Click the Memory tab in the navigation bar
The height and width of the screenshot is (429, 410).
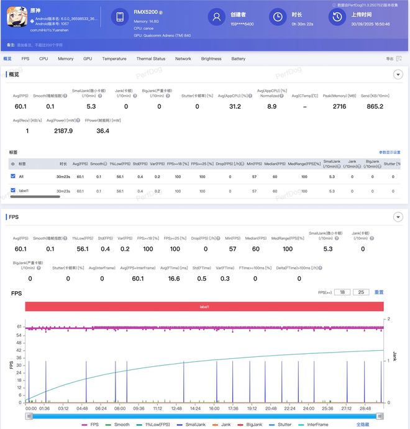coord(65,59)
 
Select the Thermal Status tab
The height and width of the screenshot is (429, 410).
coord(151,59)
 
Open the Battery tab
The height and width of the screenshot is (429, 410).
coord(239,59)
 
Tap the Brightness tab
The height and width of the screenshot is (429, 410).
coord(211,59)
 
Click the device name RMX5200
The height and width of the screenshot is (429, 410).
coord(146,11)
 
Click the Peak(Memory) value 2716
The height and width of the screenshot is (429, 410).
coord(339,107)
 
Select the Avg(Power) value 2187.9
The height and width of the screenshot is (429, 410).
coord(63,131)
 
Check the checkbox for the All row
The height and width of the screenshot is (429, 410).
coord(13,177)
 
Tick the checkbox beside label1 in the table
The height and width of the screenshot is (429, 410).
coord(13,191)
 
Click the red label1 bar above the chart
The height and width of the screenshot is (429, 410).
coord(204,306)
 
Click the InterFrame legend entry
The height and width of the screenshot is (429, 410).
coord(321,425)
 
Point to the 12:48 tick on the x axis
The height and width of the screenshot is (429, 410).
coord(176,409)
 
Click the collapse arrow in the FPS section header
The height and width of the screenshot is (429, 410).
coord(398,217)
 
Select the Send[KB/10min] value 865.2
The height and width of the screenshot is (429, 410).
coord(375,107)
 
